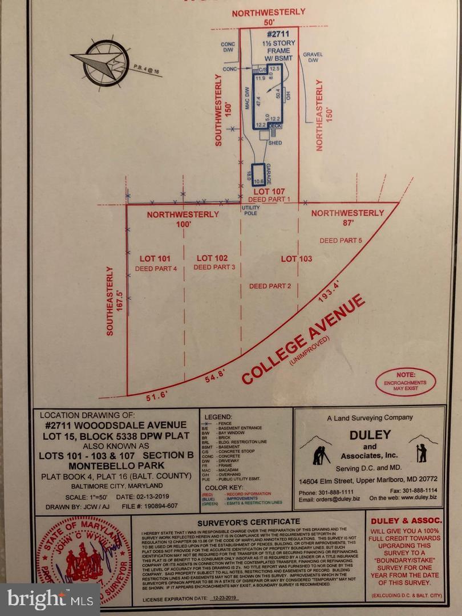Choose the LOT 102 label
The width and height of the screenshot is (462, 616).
tap(212, 258)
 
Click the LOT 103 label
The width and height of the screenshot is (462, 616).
tap(297, 258)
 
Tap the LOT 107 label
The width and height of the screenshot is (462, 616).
tap(268, 191)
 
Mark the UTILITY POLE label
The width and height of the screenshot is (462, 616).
tap(250, 210)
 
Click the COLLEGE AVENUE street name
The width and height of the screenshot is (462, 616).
tap(303, 339)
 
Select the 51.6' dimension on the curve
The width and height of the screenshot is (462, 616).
tap(155, 397)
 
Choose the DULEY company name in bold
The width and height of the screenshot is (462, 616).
tap(369, 435)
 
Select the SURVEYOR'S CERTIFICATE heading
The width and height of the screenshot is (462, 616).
tap(248, 521)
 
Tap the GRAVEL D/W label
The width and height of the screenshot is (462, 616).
tap(313, 57)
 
